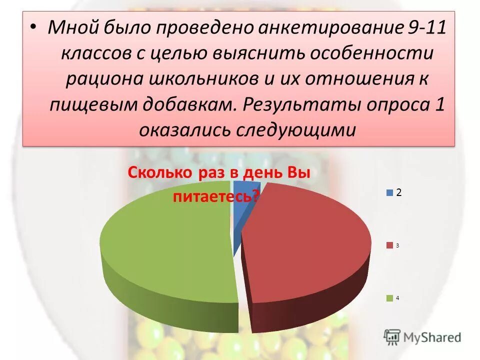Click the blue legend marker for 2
tap(389, 192)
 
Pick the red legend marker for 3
tap(389, 245)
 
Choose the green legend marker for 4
tap(389, 298)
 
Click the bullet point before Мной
tap(33, 26)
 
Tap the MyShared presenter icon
tap(392, 336)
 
